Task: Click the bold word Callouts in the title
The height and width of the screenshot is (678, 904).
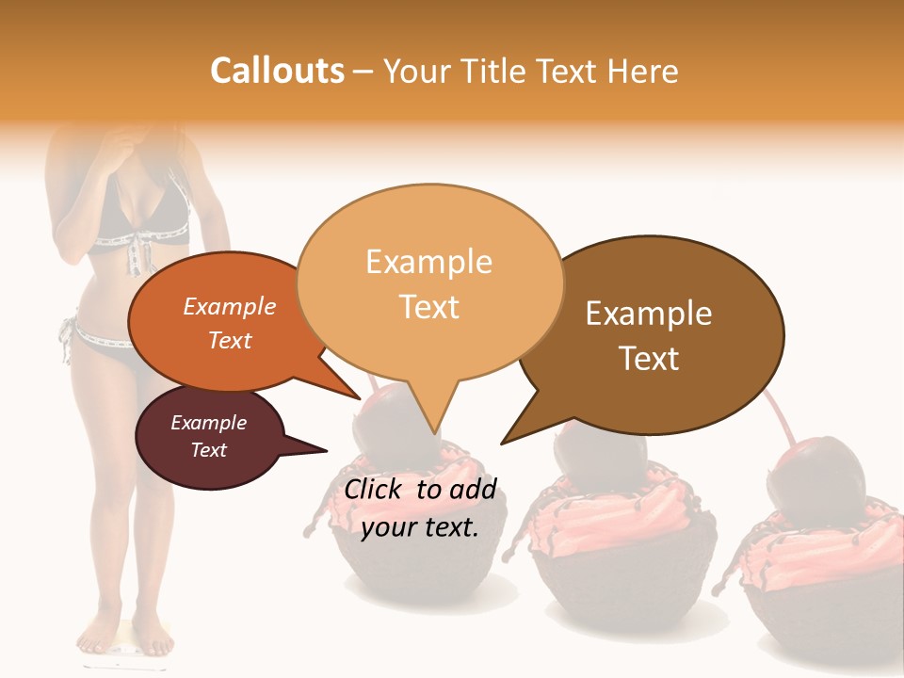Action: coord(277,71)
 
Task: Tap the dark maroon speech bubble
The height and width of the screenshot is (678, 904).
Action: coord(209,437)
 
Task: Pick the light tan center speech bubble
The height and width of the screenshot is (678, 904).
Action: coord(429,282)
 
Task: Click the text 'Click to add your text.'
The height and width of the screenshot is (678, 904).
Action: coord(419,508)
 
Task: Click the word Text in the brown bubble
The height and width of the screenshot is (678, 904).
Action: coord(650,359)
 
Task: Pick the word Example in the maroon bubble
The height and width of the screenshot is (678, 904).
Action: coord(208,423)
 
